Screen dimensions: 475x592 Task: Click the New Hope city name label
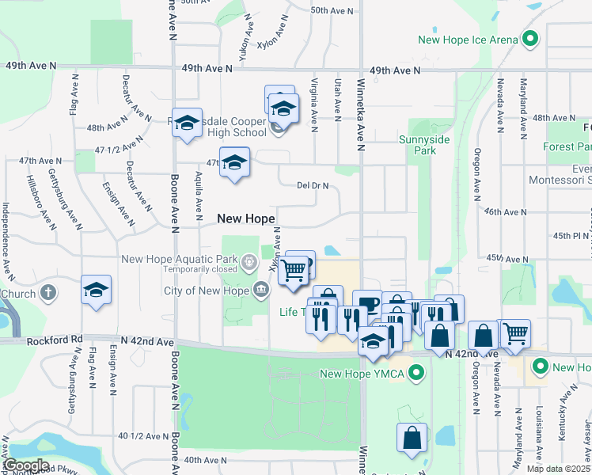point(246,218)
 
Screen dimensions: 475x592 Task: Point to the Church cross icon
point(49,292)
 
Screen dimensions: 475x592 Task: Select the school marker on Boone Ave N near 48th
point(187,123)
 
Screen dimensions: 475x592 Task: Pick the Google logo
point(27,465)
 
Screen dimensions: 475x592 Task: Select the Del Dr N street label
point(312,186)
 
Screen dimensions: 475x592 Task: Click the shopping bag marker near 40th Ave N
point(412,439)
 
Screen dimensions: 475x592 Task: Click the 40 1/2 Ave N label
point(142,436)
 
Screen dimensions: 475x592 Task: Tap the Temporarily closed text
point(201,269)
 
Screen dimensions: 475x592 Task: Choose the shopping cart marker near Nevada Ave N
point(515,332)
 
